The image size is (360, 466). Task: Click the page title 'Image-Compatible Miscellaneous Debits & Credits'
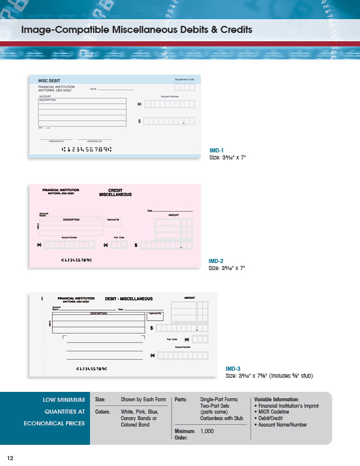click(136, 29)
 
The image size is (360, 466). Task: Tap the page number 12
click(10, 458)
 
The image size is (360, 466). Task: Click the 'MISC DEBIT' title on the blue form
click(49, 81)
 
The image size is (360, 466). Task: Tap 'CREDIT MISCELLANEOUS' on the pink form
click(115, 192)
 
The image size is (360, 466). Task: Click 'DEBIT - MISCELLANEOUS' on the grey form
click(129, 299)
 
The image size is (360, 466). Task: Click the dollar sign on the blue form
click(139, 121)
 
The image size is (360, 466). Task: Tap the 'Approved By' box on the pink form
click(114, 222)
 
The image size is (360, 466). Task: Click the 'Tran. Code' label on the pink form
click(119, 237)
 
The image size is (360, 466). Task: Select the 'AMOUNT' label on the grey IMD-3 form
click(190, 298)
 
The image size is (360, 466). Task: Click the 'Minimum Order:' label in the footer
click(184, 434)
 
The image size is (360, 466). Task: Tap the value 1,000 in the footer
click(207, 431)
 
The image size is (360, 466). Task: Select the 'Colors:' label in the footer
click(104, 412)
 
